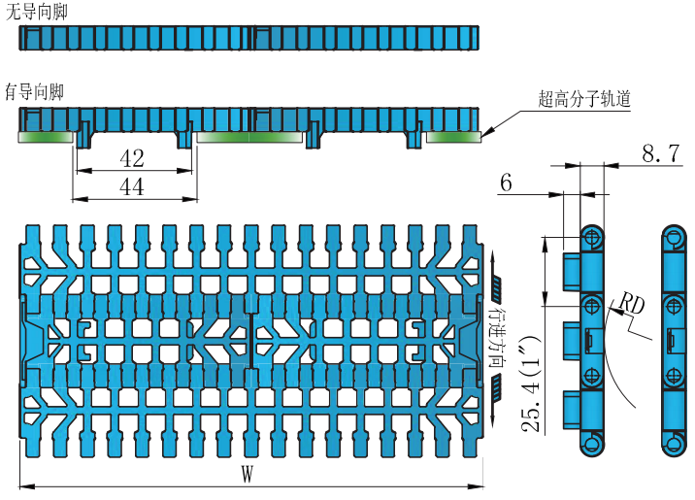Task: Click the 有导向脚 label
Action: [x=35, y=92]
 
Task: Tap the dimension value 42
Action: [x=132, y=158]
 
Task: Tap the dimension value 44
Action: [x=132, y=186]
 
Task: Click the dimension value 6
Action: [x=507, y=183]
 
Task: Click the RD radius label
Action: [x=632, y=303]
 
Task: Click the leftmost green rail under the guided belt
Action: [x=48, y=137]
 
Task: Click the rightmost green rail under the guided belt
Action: [x=453, y=137]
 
